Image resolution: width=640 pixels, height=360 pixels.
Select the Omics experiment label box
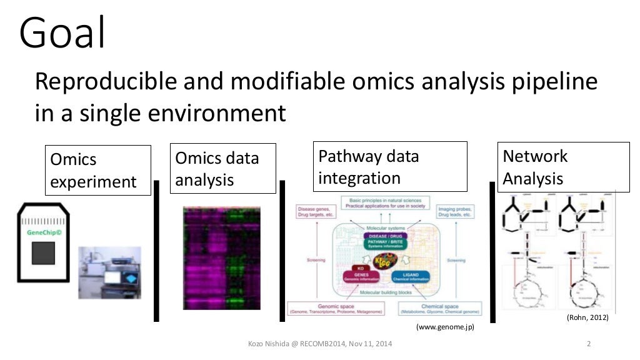coord(97,170)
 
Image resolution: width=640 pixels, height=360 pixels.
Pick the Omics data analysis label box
coord(223,168)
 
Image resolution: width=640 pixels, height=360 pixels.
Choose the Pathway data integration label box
coord(390,166)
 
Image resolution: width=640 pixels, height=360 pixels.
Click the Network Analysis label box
coord(563,167)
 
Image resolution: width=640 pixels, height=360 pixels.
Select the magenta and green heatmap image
coord(221,257)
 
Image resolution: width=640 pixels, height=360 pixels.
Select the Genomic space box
coord(335,309)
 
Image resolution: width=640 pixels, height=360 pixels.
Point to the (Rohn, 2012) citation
coord(587,317)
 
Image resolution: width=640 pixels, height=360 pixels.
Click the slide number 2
coord(589,343)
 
